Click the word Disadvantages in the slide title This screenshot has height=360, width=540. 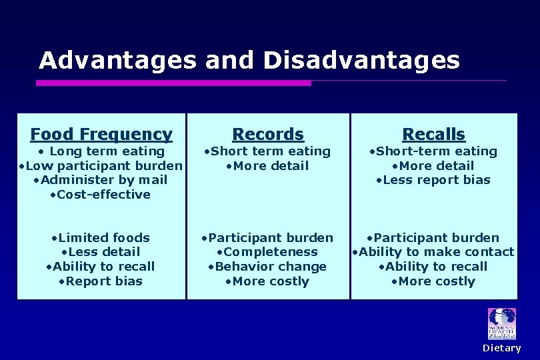coord(361,61)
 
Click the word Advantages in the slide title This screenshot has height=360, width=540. coord(117,61)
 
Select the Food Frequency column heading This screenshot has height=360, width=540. coord(101,135)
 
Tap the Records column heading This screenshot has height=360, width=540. coord(267,135)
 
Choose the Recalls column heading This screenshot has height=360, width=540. coord(433,135)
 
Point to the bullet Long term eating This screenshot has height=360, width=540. coord(101,151)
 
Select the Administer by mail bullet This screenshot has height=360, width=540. coord(101,180)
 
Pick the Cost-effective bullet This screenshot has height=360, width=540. coord(101,195)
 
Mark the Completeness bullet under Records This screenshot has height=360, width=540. coord(267,252)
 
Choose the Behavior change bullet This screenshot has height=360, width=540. coord(267,267)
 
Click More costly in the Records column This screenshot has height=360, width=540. coord(267,281)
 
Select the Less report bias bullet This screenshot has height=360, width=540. coord(433,180)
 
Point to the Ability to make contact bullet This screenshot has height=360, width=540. coord(433,252)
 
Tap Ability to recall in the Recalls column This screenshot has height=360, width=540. coord(433,267)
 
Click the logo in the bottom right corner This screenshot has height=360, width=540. coord(501,324)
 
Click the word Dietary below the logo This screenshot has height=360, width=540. coord(501,348)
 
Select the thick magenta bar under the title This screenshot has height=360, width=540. coord(173,83)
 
